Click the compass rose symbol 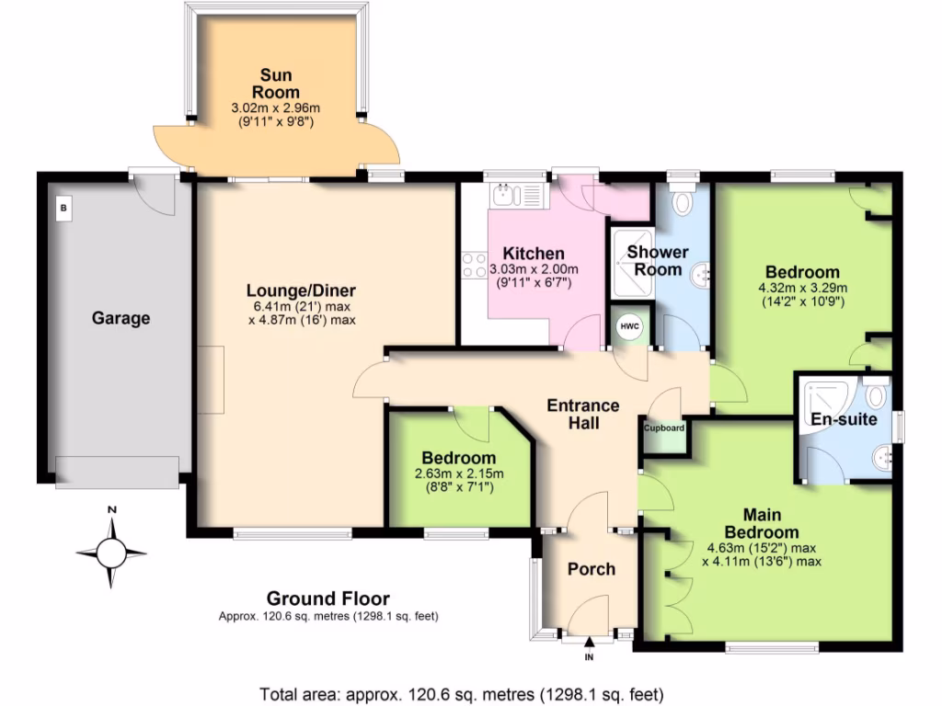[x=111, y=552]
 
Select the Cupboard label [x=664, y=428]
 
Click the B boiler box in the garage [x=63, y=208]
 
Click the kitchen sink [x=507, y=194]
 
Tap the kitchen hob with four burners [x=475, y=267]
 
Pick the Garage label [x=121, y=319]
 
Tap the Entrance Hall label [x=583, y=414]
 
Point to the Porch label [x=591, y=569]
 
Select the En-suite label [x=844, y=419]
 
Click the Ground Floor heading [x=327, y=598]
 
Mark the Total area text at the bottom [x=461, y=693]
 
